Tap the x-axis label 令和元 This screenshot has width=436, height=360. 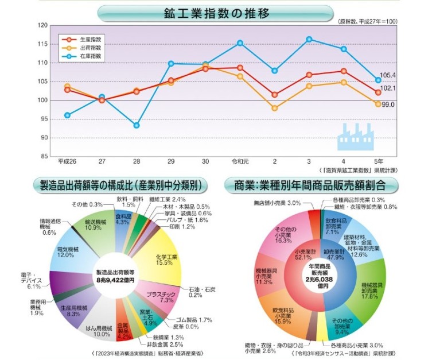coord(240,162)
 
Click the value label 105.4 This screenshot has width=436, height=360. coord(388,75)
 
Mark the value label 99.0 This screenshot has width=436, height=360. coord(388,104)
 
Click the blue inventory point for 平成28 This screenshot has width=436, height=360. coord(137,125)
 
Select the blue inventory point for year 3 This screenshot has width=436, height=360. coord(309,39)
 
